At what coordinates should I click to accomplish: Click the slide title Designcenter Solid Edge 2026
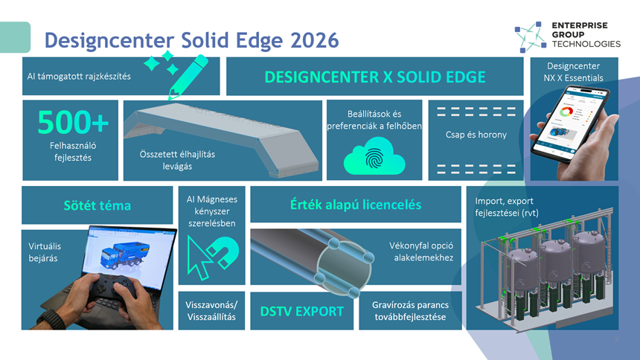[x=191, y=40]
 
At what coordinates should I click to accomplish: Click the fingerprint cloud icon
[x=374, y=158]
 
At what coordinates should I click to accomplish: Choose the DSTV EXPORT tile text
[x=302, y=311]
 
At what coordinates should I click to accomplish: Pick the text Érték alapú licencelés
[x=356, y=205]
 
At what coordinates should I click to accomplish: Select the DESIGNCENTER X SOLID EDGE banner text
[x=374, y=77]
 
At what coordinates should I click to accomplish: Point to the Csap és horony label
[x=476, y=135]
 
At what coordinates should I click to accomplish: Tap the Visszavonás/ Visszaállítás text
[x=211, y=311]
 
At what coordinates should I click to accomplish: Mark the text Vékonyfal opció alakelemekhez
[x=421, y=251]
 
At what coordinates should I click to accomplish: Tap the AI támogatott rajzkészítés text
[x=79, y=77]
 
